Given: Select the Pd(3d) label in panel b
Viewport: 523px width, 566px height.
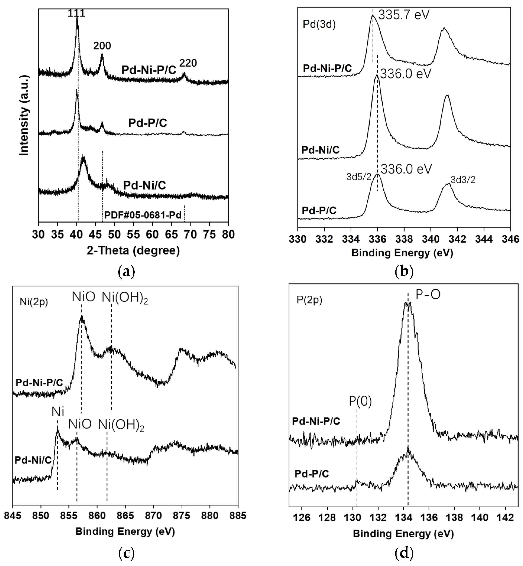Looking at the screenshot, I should [319, 25].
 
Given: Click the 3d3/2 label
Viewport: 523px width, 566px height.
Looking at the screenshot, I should [463, 180].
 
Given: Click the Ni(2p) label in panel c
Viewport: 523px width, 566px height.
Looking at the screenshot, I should [34, 302].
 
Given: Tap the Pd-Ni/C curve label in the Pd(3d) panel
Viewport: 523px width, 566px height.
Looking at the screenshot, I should [320, 150].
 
